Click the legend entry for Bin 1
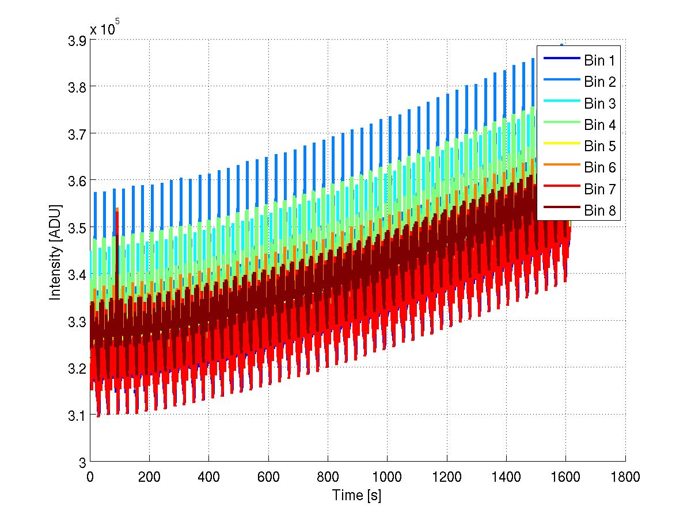599,60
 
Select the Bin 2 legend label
599,82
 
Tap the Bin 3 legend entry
599,103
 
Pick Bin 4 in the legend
599,125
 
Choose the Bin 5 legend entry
599,147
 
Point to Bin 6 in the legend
599,168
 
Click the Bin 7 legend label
599,189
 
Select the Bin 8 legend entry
599,211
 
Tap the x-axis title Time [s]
356,495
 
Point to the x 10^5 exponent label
104,28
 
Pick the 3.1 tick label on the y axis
76,415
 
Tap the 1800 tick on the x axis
625,477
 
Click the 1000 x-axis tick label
387,477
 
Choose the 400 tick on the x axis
208,477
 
